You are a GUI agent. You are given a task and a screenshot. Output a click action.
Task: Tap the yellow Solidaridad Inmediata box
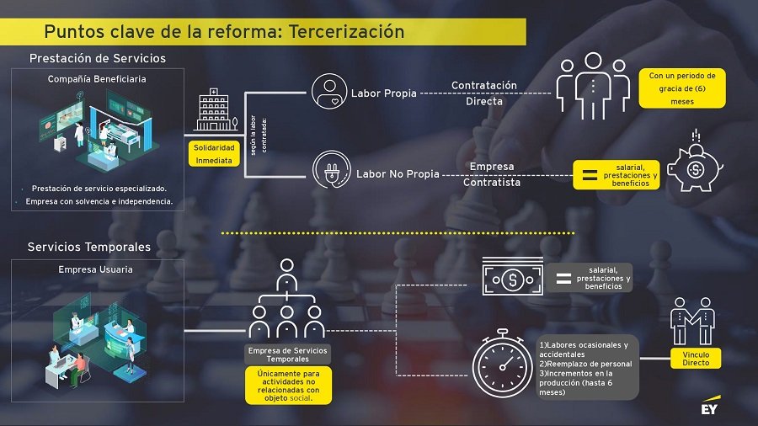(214, 154)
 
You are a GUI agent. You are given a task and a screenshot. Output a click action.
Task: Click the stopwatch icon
(503, 363)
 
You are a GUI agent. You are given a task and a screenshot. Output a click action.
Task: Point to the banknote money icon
(512, 276)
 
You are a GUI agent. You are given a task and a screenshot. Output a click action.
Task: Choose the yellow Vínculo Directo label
(696, 359)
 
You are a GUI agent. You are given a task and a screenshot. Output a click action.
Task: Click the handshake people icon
(693, 321)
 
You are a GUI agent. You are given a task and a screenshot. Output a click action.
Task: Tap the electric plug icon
(332, 169)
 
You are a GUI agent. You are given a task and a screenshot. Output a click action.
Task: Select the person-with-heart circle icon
(329, 91)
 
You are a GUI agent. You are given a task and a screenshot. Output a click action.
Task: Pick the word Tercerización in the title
(347, 31)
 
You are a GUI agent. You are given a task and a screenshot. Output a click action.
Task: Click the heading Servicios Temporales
(89, 247)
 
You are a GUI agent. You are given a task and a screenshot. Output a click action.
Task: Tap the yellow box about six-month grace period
(682, 88)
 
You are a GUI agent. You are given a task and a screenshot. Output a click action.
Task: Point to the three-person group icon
(593, 86)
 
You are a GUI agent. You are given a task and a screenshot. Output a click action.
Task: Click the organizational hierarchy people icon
(286, 299)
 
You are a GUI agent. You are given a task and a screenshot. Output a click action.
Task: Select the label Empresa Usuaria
(96, 269)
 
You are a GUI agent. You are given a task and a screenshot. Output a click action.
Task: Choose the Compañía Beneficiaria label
(97, 79)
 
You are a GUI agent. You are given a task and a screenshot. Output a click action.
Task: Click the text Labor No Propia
(398, 174)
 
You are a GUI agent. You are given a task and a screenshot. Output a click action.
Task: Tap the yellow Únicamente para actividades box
(289, 386)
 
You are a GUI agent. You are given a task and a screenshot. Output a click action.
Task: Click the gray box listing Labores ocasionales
(586, 368)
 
